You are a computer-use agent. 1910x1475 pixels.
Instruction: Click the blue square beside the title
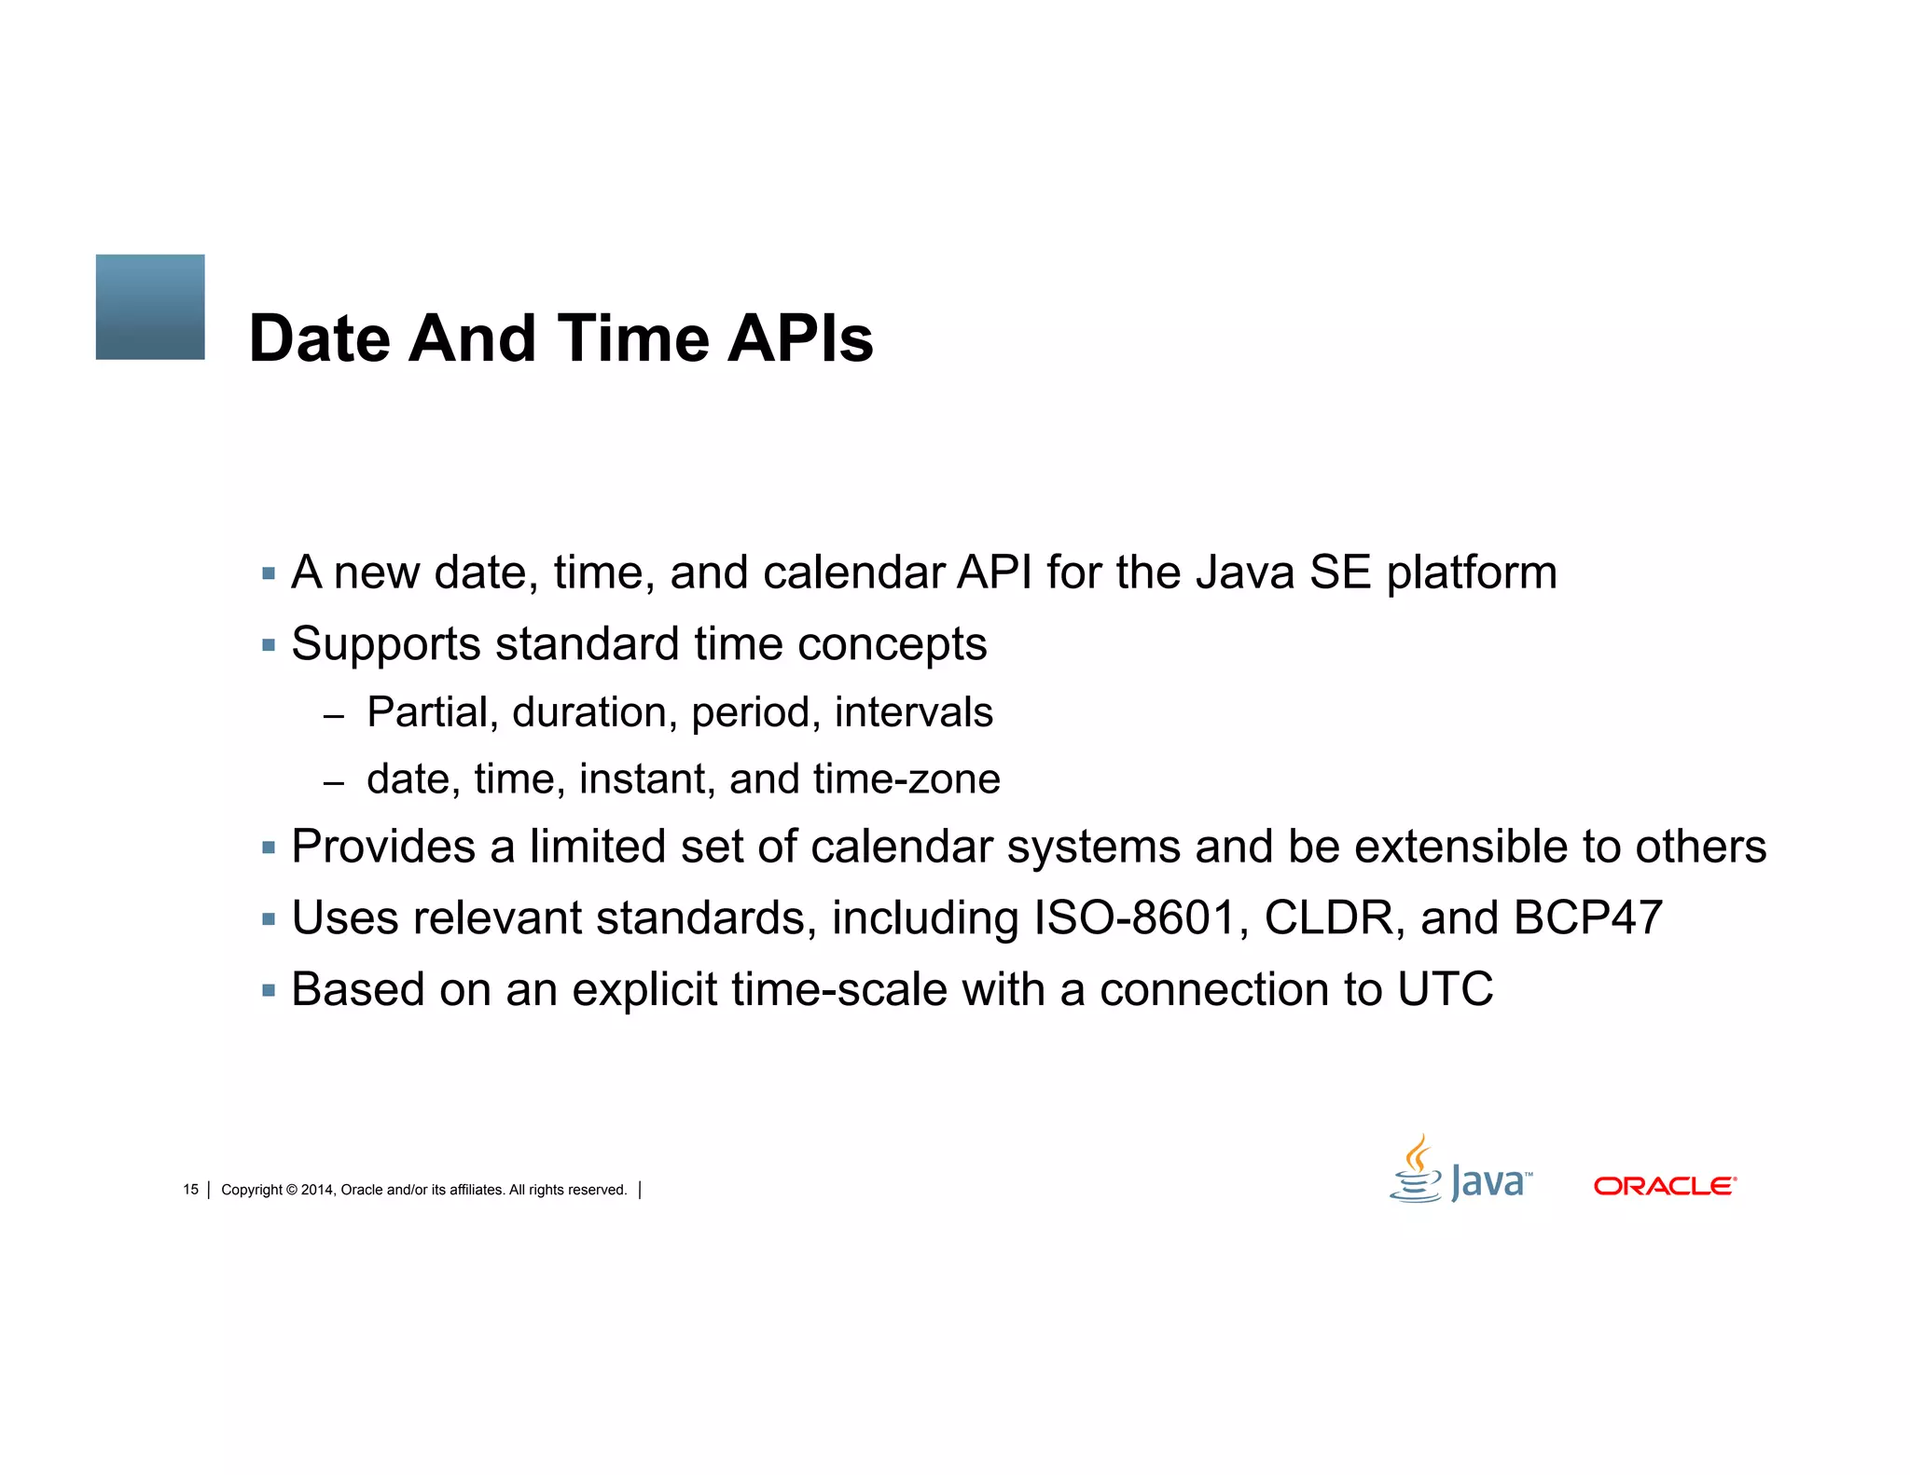click(x=150, y=307)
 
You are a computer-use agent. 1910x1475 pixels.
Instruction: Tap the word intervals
click(x=913, y=713)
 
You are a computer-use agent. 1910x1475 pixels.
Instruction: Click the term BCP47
click(x=1587, y=918)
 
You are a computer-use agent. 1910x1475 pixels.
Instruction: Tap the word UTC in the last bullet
click(x=1445, y=989)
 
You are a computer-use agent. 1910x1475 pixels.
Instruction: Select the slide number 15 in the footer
click(x=190, y=1190)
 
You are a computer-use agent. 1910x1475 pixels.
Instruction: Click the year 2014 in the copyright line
click(x=317, y=1190)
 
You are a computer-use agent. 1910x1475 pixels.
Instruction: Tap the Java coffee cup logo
click(x=1416, y=1171)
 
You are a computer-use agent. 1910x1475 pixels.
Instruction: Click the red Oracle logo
click(x=1664, y=1186)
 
